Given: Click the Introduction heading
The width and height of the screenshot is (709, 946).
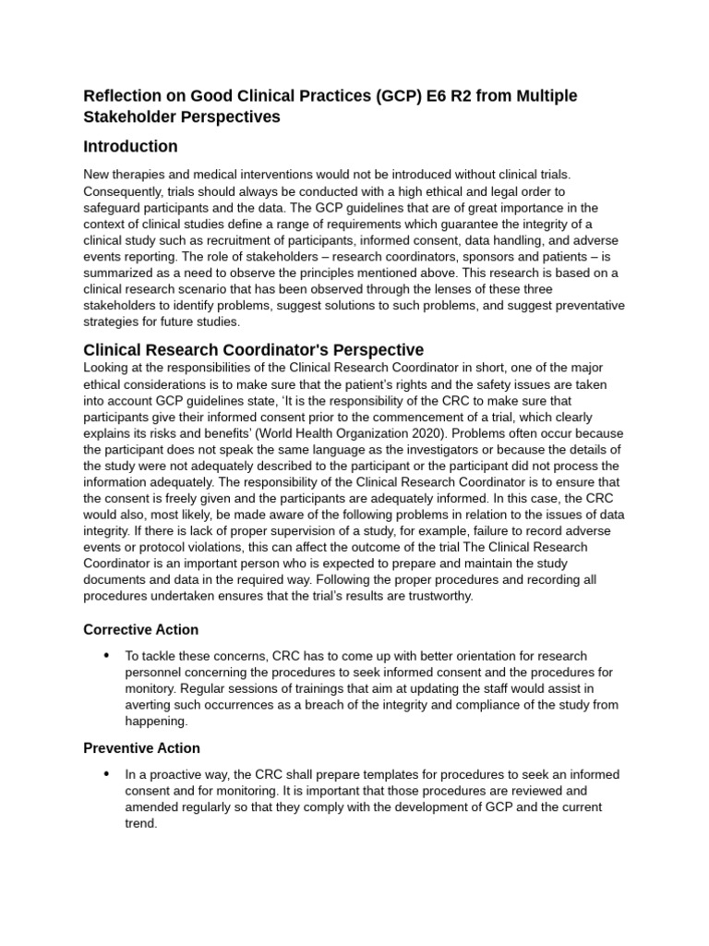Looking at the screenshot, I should pos(130,146).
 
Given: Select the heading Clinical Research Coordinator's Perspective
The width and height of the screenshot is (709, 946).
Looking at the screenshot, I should pos(253,350).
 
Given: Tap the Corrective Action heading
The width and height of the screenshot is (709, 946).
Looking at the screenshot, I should pos(140,629).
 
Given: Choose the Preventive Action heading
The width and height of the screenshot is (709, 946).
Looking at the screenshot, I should pos(141,747).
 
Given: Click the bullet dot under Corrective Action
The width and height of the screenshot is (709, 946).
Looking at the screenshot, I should pos(106,655).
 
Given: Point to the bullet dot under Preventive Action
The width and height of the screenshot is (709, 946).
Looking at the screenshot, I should pos(106,773).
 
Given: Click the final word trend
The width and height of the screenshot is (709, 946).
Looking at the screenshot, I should pos(141,824).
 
